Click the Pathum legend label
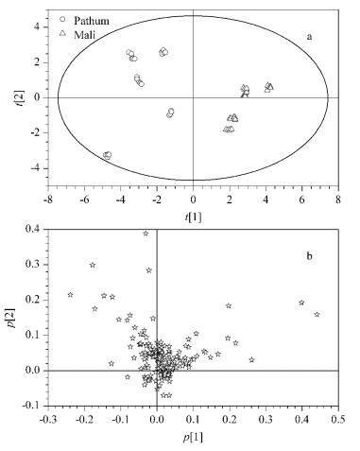92,21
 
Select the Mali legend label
84,34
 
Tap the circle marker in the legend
62,19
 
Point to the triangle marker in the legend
62,32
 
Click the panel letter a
310,37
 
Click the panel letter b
310,256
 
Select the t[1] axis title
193,217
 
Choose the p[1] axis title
193,438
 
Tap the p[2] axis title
12,318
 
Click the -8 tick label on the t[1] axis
48,199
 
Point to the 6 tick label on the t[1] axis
302,199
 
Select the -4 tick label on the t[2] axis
37,168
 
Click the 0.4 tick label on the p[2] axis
36,229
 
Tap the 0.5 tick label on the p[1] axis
338,420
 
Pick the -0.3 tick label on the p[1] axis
48,420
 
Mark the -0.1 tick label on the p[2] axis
33,406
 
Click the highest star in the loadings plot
146,234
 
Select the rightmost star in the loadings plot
317,314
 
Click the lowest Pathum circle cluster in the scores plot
108,155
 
